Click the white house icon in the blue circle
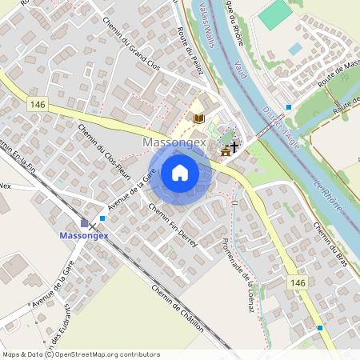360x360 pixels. (180, 172)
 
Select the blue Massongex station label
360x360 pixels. (85, 236)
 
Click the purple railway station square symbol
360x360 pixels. (85, 222)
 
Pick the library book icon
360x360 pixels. (198, 118)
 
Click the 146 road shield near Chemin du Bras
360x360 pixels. (298, 283)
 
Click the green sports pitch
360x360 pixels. (275, 14)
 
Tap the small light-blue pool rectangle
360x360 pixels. (295, 49)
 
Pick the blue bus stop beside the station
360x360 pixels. (102, 218)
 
